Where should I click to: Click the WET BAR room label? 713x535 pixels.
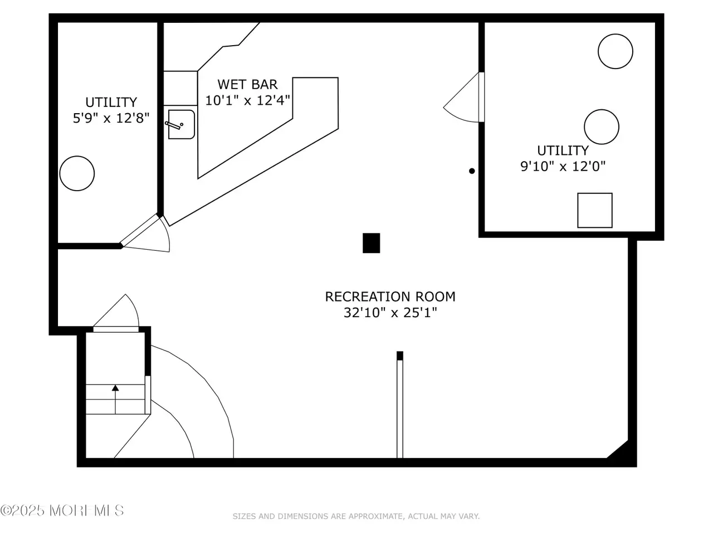(247, 85)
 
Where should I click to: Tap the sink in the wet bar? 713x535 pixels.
(181, 124)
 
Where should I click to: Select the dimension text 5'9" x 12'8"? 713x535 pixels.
(111, 118)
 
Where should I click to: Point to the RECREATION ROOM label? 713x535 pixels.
(390, 296)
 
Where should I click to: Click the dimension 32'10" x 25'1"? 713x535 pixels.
(390, 313)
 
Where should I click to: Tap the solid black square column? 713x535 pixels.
(371, 242)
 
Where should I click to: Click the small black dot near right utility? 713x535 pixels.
(472, 171)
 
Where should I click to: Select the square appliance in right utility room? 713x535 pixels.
(594, 210)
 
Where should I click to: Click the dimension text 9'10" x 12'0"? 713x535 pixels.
(563, 166)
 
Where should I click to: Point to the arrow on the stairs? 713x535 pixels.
(115, 399)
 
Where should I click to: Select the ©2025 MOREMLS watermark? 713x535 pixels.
(62, 510)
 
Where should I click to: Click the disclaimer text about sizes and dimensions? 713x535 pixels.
(356, 516)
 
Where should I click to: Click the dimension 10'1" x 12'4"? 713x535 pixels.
(247, 100)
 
